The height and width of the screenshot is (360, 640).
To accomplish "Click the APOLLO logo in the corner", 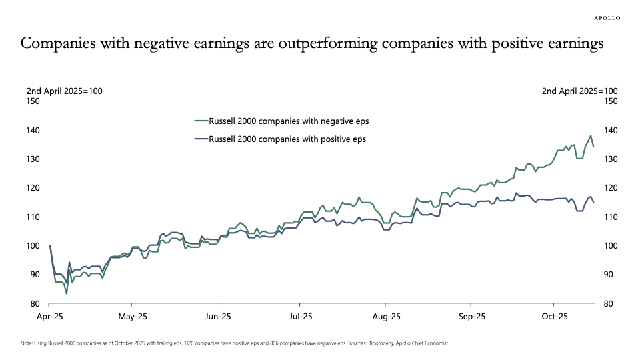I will coord(607,18).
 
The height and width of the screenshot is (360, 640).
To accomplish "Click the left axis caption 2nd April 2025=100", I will coord(64,91).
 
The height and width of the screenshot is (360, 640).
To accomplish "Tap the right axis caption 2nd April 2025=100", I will coord(580,91).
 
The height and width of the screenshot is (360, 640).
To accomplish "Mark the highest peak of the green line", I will coord(590,136).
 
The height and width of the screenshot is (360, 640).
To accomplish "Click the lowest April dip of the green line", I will coord(66,293).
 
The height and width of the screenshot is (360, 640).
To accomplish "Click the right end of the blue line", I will coord(593,202).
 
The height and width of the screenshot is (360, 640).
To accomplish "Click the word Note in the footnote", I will coord(27,343).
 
